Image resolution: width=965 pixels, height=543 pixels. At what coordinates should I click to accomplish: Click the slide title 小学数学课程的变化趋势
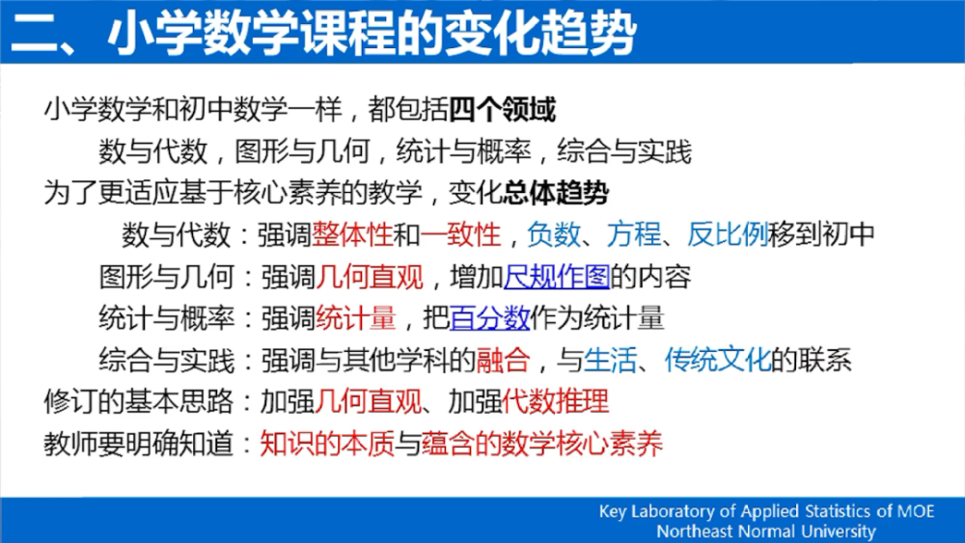tap(372, 33)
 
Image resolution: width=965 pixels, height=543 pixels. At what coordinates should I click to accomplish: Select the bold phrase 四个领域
tap(502, 109)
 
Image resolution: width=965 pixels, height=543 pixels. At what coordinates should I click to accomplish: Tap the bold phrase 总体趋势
tap(556, 193)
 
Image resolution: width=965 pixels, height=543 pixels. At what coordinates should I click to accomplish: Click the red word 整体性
tap(352, 234)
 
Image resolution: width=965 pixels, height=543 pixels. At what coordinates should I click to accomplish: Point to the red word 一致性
tap(460, 234)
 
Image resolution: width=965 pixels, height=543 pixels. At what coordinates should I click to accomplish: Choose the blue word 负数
tap(554, 234)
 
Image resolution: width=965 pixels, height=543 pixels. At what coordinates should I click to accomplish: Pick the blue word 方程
tap(634, 234)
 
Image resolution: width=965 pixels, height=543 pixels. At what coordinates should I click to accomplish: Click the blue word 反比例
tap(728, 234)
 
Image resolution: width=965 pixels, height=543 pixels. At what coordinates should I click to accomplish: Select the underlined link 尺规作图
tap(557, 277)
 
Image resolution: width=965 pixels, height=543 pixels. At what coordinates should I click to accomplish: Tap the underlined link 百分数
tap(490, 318)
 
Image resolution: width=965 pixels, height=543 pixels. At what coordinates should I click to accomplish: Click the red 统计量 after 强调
tap(356, 318)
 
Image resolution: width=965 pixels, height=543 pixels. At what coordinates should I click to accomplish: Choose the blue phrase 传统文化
tap(718, 360)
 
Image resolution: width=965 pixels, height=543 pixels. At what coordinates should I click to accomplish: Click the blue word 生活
tap(610, 360)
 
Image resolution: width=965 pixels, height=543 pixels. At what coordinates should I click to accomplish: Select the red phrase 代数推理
tap(556, 401)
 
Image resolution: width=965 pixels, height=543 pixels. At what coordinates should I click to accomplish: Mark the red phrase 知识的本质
tap(327, 444)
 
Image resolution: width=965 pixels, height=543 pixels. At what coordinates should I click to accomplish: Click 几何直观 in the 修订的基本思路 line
tap(369, 401)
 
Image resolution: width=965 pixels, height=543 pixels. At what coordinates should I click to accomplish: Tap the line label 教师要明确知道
tap(138, 444)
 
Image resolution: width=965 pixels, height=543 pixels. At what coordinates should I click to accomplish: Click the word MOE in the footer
tap(916, 511)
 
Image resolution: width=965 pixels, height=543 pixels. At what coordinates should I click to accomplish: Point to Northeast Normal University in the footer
tap(766, 530)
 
